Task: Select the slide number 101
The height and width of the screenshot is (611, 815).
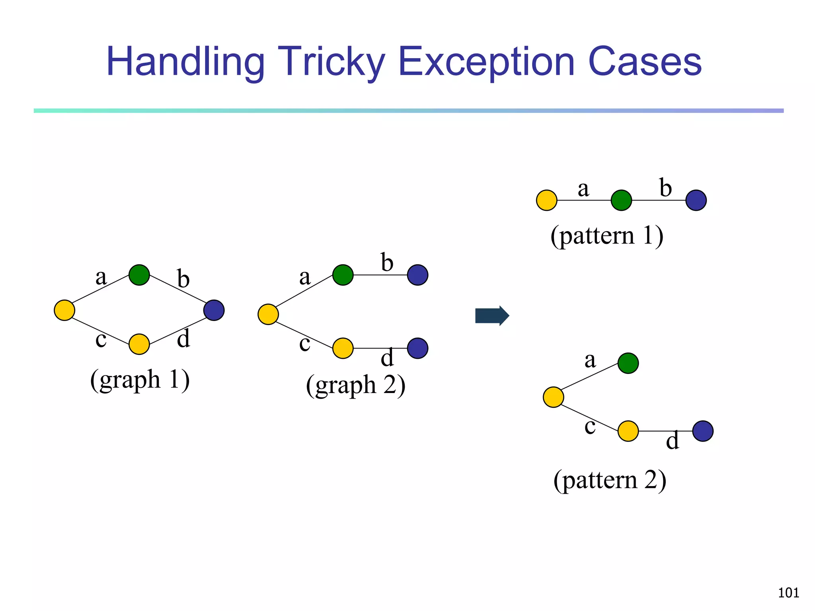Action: (788, 593)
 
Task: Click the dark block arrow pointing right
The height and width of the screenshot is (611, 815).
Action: (492, 316)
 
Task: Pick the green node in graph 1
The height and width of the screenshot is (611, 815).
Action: (139, 275)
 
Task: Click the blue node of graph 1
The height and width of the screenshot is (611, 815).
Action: (214, 310)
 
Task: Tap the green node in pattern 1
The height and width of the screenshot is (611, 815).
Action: (621, 200)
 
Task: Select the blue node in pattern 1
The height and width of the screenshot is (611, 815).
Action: (696, 200)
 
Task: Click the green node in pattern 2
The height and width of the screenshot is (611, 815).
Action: (628, 363)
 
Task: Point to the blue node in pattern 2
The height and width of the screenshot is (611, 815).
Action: (703, 431)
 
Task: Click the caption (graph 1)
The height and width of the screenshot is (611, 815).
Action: (140, 379)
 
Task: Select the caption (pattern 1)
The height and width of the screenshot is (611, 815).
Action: (607, 235)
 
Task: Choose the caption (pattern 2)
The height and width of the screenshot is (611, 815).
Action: (610, 480)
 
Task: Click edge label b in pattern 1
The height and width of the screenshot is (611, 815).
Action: (665, 188)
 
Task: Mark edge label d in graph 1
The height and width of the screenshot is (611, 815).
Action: (183, 339)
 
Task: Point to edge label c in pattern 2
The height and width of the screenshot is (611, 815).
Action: (590, 426)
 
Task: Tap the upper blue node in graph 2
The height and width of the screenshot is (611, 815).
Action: (417, 275)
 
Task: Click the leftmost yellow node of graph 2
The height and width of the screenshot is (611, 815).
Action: (268, 314)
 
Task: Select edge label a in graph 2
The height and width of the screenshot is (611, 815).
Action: (305, 277)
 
